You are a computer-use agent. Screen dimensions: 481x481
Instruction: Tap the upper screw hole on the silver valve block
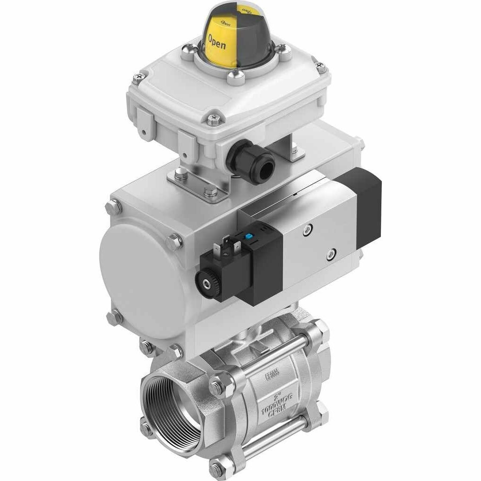pos(307,230)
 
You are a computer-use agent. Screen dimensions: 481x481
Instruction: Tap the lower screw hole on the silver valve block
pos(331,254)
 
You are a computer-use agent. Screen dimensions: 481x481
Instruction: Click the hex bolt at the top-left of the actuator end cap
pos(114,205)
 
